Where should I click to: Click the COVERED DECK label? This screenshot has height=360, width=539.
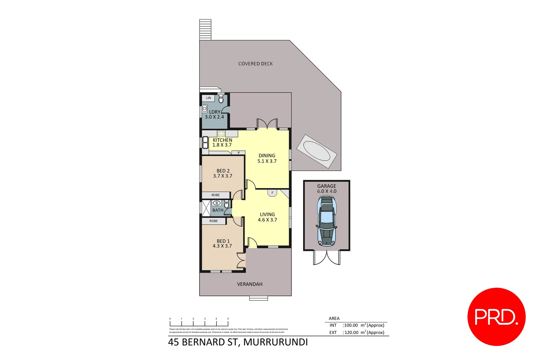coord(256,64)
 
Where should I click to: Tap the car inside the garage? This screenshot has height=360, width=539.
coord(326,221)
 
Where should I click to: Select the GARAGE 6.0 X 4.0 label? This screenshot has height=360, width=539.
coord(326,189)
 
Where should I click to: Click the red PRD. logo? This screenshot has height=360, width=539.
coord(496,317)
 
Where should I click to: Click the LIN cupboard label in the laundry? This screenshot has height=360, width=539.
coord(209,98)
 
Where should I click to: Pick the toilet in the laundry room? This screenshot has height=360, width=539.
coord(221,99)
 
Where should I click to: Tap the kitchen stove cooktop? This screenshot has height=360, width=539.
coord(221,134)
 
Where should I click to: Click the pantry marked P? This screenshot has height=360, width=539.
coord(239,153)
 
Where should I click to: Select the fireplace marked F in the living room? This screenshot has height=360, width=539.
coord(272,193)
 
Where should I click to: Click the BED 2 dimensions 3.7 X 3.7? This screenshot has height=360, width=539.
coord(223,176)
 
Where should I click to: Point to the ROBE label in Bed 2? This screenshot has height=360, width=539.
coord(216,195)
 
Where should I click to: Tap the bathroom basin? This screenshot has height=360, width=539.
coord(217,203)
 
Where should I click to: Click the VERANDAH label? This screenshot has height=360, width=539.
coord(250,284)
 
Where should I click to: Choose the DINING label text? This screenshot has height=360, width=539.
coord(267,156)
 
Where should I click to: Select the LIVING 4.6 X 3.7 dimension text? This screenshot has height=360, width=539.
coord(267,220)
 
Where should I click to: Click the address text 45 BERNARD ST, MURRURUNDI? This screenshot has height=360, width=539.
coord(238,342)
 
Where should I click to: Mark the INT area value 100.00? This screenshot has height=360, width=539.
coord(351,325)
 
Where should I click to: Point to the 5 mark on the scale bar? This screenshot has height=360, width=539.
coord(228,319)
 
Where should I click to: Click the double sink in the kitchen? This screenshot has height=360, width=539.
coord(205,142)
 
